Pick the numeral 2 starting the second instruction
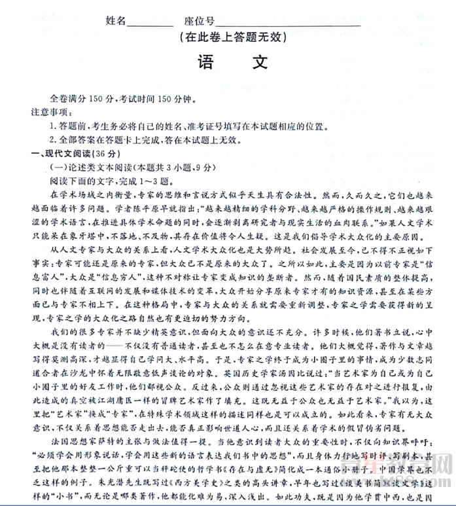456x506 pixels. pos(52,140)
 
